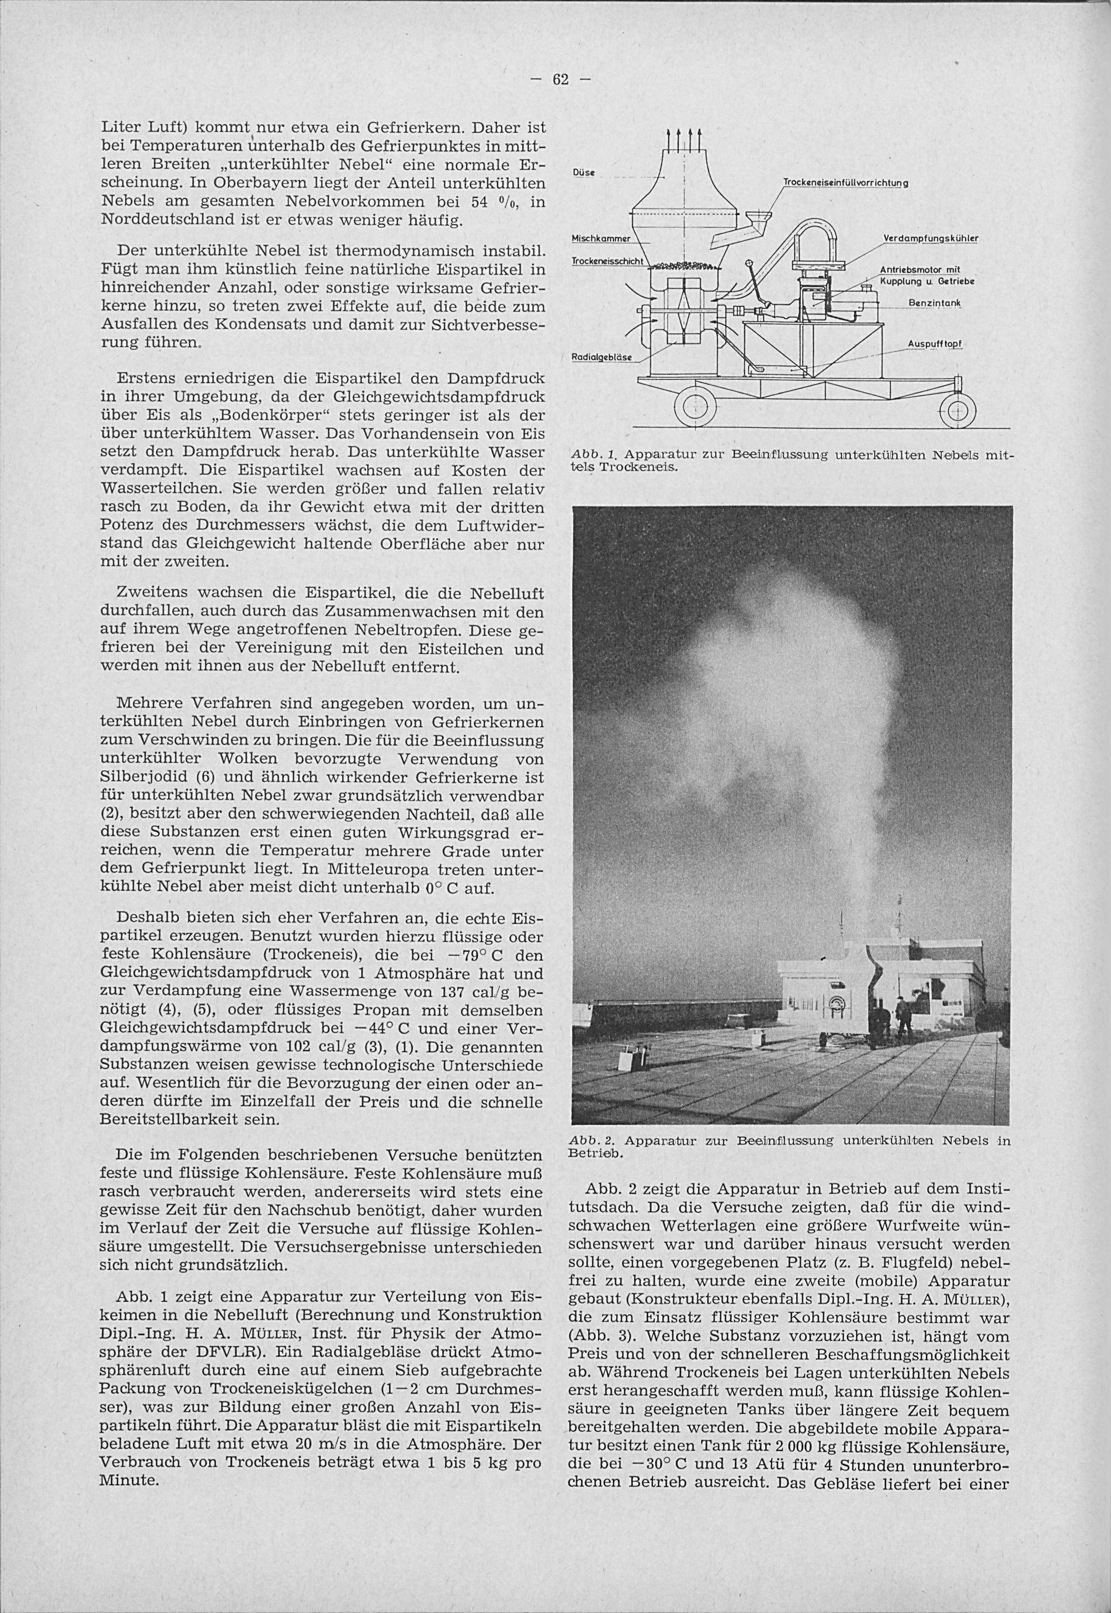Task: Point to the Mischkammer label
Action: click(600, 238)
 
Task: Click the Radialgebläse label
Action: click(600, 357)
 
